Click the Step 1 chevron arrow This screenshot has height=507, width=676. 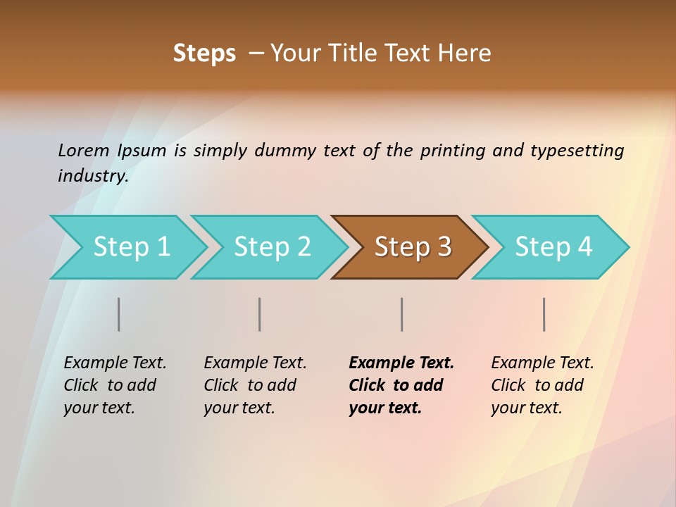pyautogui.click(x=130, y=247)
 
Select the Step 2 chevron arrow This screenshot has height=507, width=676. pyautogui.click(x=271, y=247)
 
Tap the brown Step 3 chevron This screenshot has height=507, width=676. pyautogui.click(x=412, y=247)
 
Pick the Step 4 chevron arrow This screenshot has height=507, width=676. pyautogui.click(x=553, y=247)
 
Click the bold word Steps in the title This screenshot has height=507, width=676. pyautogui.click(x=204, y=54)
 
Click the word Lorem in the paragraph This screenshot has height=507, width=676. pyautogui.click(x=84, y=150)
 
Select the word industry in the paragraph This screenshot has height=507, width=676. pyautogui.click(x=92, y=175)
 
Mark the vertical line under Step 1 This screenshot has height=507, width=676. pyautogui.click(x=119, y=314)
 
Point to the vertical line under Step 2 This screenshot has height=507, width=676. pyautogui.click(x=260, y=314)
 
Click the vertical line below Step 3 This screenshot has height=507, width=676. pyautogui.click(x=401, y=314)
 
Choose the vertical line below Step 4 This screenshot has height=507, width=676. pyautogui.click(x=544, y=314)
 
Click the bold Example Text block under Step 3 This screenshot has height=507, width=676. pyautogui.click(x=401, y=385)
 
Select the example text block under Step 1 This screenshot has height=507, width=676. pyautogui.click(x=114, y=385)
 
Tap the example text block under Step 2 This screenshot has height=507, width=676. pyautogui.click(x=254, y=385)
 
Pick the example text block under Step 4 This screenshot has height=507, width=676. pyautogui.click(x=542, y=385)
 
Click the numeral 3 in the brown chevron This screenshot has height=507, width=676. pyautogui.click(x=444, y=247)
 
